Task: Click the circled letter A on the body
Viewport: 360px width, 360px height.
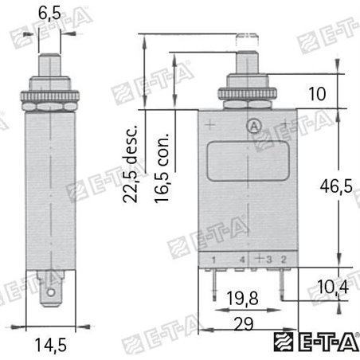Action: pos(253,125)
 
